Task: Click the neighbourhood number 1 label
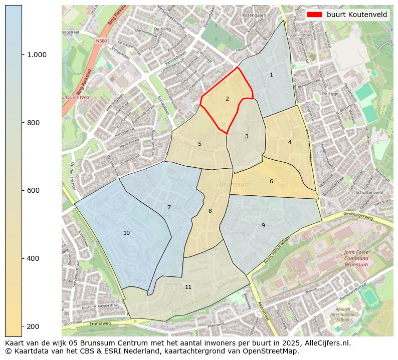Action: (271, 75)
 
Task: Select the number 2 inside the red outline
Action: (227, 99)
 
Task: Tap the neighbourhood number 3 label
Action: (247, 136)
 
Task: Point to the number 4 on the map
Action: (290, 142)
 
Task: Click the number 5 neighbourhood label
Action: (200, 144)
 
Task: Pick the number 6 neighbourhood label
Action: (271, 181)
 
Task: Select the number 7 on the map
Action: (169, 207)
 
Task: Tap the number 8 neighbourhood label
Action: (210, 211)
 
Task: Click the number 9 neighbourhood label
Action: (263, 225)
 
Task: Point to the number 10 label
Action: (126, 233)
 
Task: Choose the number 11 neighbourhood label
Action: (188, 287)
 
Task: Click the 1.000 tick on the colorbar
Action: (37, 55)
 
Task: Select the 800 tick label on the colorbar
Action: (33, 123)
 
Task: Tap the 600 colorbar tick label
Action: (33, 190)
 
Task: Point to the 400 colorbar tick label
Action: (33, 258)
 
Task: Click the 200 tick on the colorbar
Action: (33, 326)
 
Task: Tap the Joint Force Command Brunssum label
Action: (356, 258)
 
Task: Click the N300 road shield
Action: (102, 41)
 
